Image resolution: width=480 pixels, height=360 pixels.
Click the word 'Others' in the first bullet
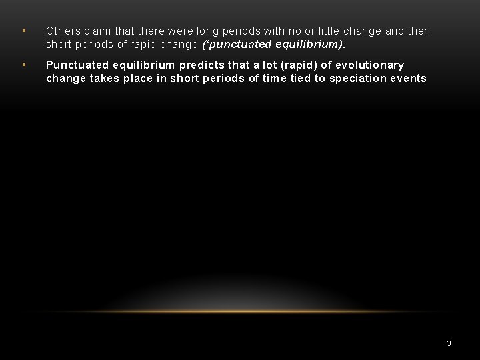[63, 31]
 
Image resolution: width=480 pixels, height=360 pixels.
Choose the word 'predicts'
[203, 65]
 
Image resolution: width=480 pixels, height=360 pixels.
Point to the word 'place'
[139, 78]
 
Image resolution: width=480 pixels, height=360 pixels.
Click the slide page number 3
[449, 343]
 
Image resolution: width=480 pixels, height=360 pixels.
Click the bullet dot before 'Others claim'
[23, 31]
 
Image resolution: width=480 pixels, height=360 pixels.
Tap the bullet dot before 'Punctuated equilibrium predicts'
[23, 65]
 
